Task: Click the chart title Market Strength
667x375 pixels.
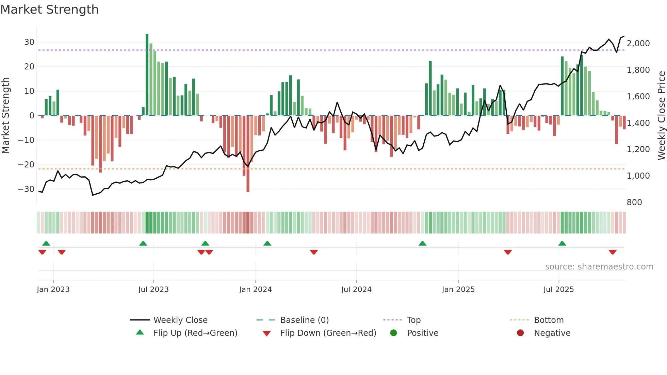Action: click(49, 10)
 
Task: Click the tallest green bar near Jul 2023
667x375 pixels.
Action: click(147, 75)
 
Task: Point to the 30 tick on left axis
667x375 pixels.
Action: click(29, 42)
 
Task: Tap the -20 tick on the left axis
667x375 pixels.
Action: click(26, 165)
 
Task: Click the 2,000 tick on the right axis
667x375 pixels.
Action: click(638, 44)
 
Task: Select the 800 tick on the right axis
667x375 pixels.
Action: click(634, 202)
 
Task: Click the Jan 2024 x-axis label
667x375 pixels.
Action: click(255, 290)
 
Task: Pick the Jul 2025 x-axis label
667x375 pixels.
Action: click(558, 290)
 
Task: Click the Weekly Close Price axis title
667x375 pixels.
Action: click(661, 116)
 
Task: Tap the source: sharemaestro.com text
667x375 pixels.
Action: click(599, 267)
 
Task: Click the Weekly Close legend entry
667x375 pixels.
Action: click(180, 320)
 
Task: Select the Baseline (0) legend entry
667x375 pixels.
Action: click(304, 320)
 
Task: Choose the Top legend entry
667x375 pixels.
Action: click(413, 320)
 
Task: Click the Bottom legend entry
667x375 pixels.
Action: click(549, 320)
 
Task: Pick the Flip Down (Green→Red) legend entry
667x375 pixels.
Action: click(328, 333)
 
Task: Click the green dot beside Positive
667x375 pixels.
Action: click(393, 333)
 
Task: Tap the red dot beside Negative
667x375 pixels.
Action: click(520, 333)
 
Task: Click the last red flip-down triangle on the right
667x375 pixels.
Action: click(613, 252)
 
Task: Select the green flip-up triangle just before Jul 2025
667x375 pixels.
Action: click(562, 243)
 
